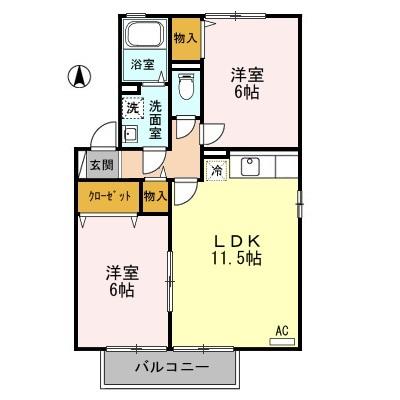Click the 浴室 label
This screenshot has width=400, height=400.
141,65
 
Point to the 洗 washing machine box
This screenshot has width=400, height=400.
132,108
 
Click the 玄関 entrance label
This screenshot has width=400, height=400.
101,166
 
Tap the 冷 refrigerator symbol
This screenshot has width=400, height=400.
216,171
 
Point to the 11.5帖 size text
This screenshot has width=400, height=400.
237,259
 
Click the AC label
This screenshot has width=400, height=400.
281,330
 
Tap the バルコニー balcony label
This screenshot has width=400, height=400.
172,369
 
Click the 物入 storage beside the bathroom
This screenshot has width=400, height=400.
184,37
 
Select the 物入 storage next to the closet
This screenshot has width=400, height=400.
154,196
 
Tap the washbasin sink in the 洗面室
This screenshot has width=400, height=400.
130,135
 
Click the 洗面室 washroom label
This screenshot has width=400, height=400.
156,117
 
